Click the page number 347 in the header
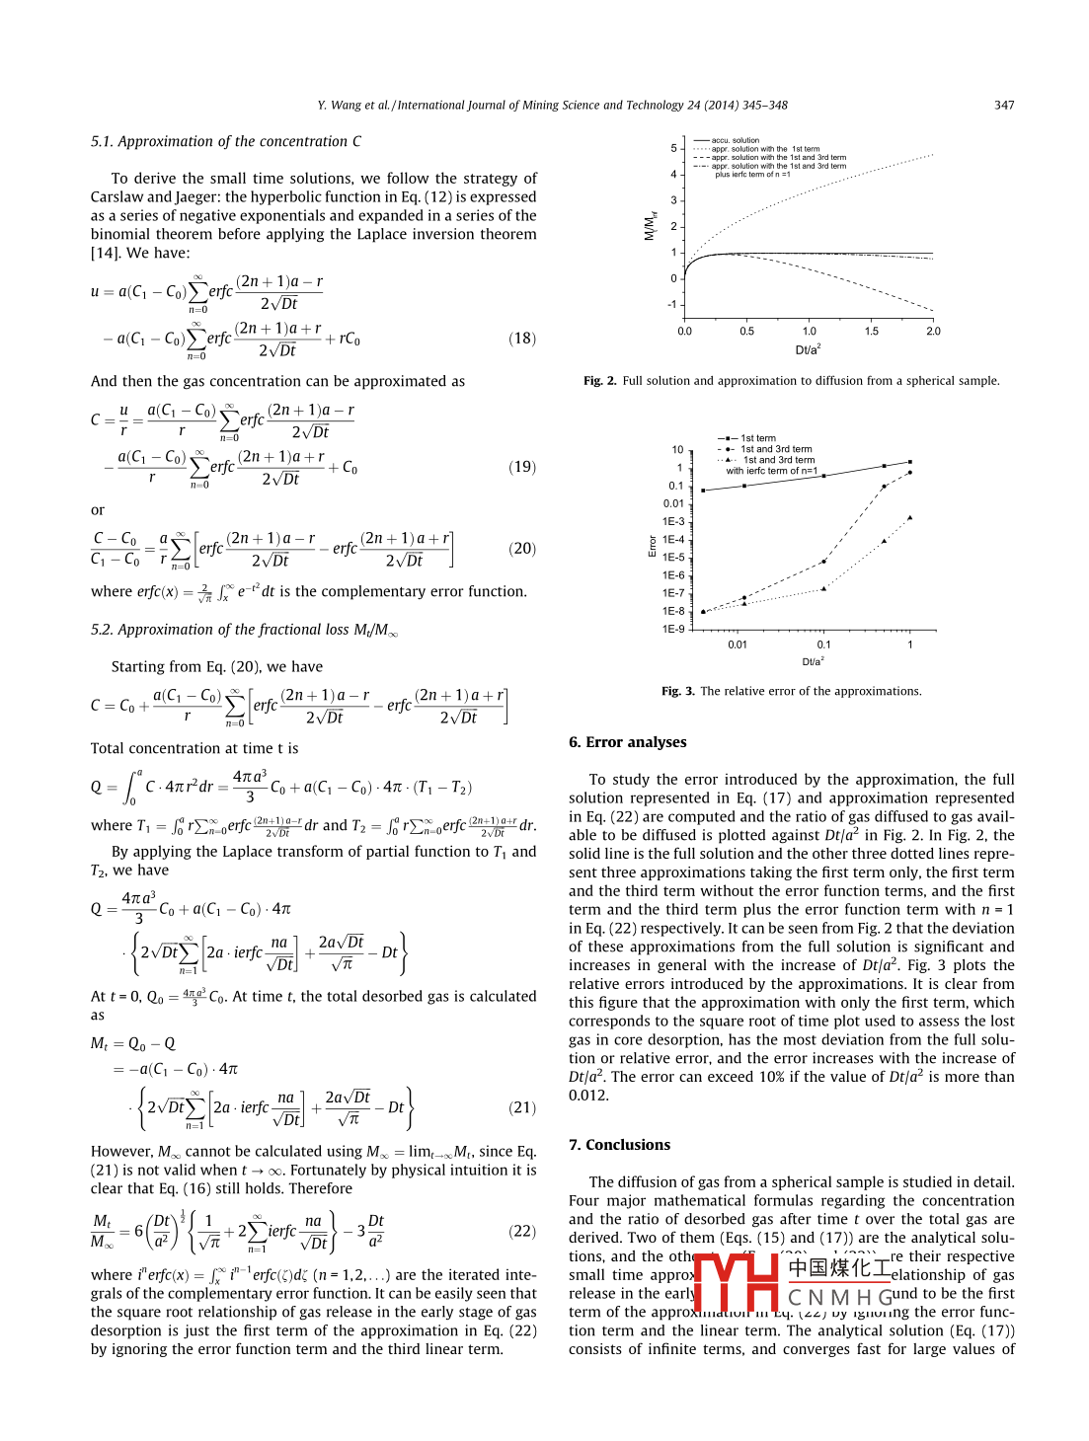(x=1004, y=106)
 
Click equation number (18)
(x=522, y=339)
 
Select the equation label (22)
(x=522, y=1231)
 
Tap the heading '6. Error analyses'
(x=627, y=742)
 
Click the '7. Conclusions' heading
(x=619, y=1145)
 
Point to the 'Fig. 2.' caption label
(x=599, y=381)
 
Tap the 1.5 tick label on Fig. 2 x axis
(x=871, y=332)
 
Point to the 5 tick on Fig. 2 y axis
(x=674, y=148)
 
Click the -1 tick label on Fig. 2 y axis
(x=672, y=304)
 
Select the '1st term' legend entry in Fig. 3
(x=757, y=438)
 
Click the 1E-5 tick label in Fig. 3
(x=673, y=558)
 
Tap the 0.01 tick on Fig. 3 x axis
(x=738, y=645)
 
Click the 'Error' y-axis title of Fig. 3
(x=652, y=545)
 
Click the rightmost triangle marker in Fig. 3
(x=909, y=517)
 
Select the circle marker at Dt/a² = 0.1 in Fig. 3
(x=824, y=562)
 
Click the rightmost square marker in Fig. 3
(x=909, y=462)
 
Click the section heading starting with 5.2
(x=244, y=630)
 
